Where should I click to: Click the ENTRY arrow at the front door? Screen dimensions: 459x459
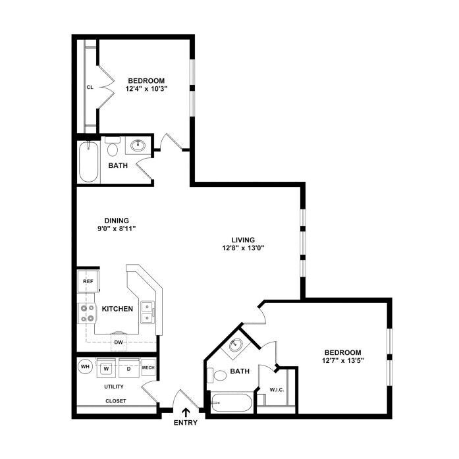click(x=186, y=413)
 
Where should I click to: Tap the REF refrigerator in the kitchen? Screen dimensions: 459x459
click(x=88, y=281)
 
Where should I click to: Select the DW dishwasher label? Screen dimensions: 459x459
click(x=119, y=342)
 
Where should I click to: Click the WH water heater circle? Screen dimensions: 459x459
click(x=85, y=367)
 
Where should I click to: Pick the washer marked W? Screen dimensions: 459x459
click(x=107, y=368)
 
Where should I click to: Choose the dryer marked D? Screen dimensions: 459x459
click(x=129, y=368)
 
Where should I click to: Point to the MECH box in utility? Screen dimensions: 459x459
click(x=148, y=367)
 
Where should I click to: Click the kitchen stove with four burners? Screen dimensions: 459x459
click(x=87, y=313)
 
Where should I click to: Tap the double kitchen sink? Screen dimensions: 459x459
click(x=148, y=312)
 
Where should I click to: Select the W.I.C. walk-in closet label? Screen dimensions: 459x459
click(x=277, y=390)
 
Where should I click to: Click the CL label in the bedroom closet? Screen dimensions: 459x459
click(x=90, y=87)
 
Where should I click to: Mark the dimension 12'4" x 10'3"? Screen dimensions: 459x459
click(x=146, y=89)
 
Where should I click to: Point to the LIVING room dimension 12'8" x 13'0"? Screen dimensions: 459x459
click(x=243, y=248)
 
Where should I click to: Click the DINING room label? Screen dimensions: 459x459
click(x=117, y=221)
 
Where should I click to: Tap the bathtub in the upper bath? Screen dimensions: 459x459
click(x=88, y=162)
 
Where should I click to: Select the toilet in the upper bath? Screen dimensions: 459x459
click(x=113, y=146)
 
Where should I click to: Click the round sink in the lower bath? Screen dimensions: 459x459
click(x=235, y=346)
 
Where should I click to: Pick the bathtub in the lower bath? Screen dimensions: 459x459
click(x=232, y=403)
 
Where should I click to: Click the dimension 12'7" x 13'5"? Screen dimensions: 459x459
click(x=343, y=360)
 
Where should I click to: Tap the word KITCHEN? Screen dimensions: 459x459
click(x=117, y=309)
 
